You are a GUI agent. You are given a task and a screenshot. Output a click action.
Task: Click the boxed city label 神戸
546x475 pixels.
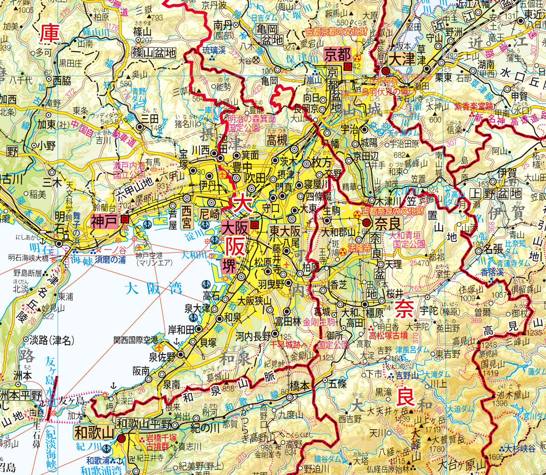tap(105, 222)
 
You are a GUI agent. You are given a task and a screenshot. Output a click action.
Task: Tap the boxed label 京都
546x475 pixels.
tap(337, 55)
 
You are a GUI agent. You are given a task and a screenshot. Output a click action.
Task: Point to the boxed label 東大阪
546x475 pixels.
tap(285, 231)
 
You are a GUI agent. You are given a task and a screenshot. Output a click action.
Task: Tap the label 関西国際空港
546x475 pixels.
tap(135, 340)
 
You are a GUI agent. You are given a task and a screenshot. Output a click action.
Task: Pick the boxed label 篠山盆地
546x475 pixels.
tap(154, 53)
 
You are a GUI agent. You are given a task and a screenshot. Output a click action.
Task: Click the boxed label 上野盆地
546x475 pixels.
tap(495, 194)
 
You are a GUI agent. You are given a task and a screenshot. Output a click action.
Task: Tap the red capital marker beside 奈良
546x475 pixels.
tap(367, 222)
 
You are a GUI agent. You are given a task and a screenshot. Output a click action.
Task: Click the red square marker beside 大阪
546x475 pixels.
tap(255, 224)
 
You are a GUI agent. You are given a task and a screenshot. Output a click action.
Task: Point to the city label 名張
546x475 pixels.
tap(494, 249)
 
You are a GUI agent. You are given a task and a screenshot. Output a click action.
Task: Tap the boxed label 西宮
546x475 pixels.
tap(187, 217)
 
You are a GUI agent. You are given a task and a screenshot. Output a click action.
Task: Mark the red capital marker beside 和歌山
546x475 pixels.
tap(121, 439)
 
